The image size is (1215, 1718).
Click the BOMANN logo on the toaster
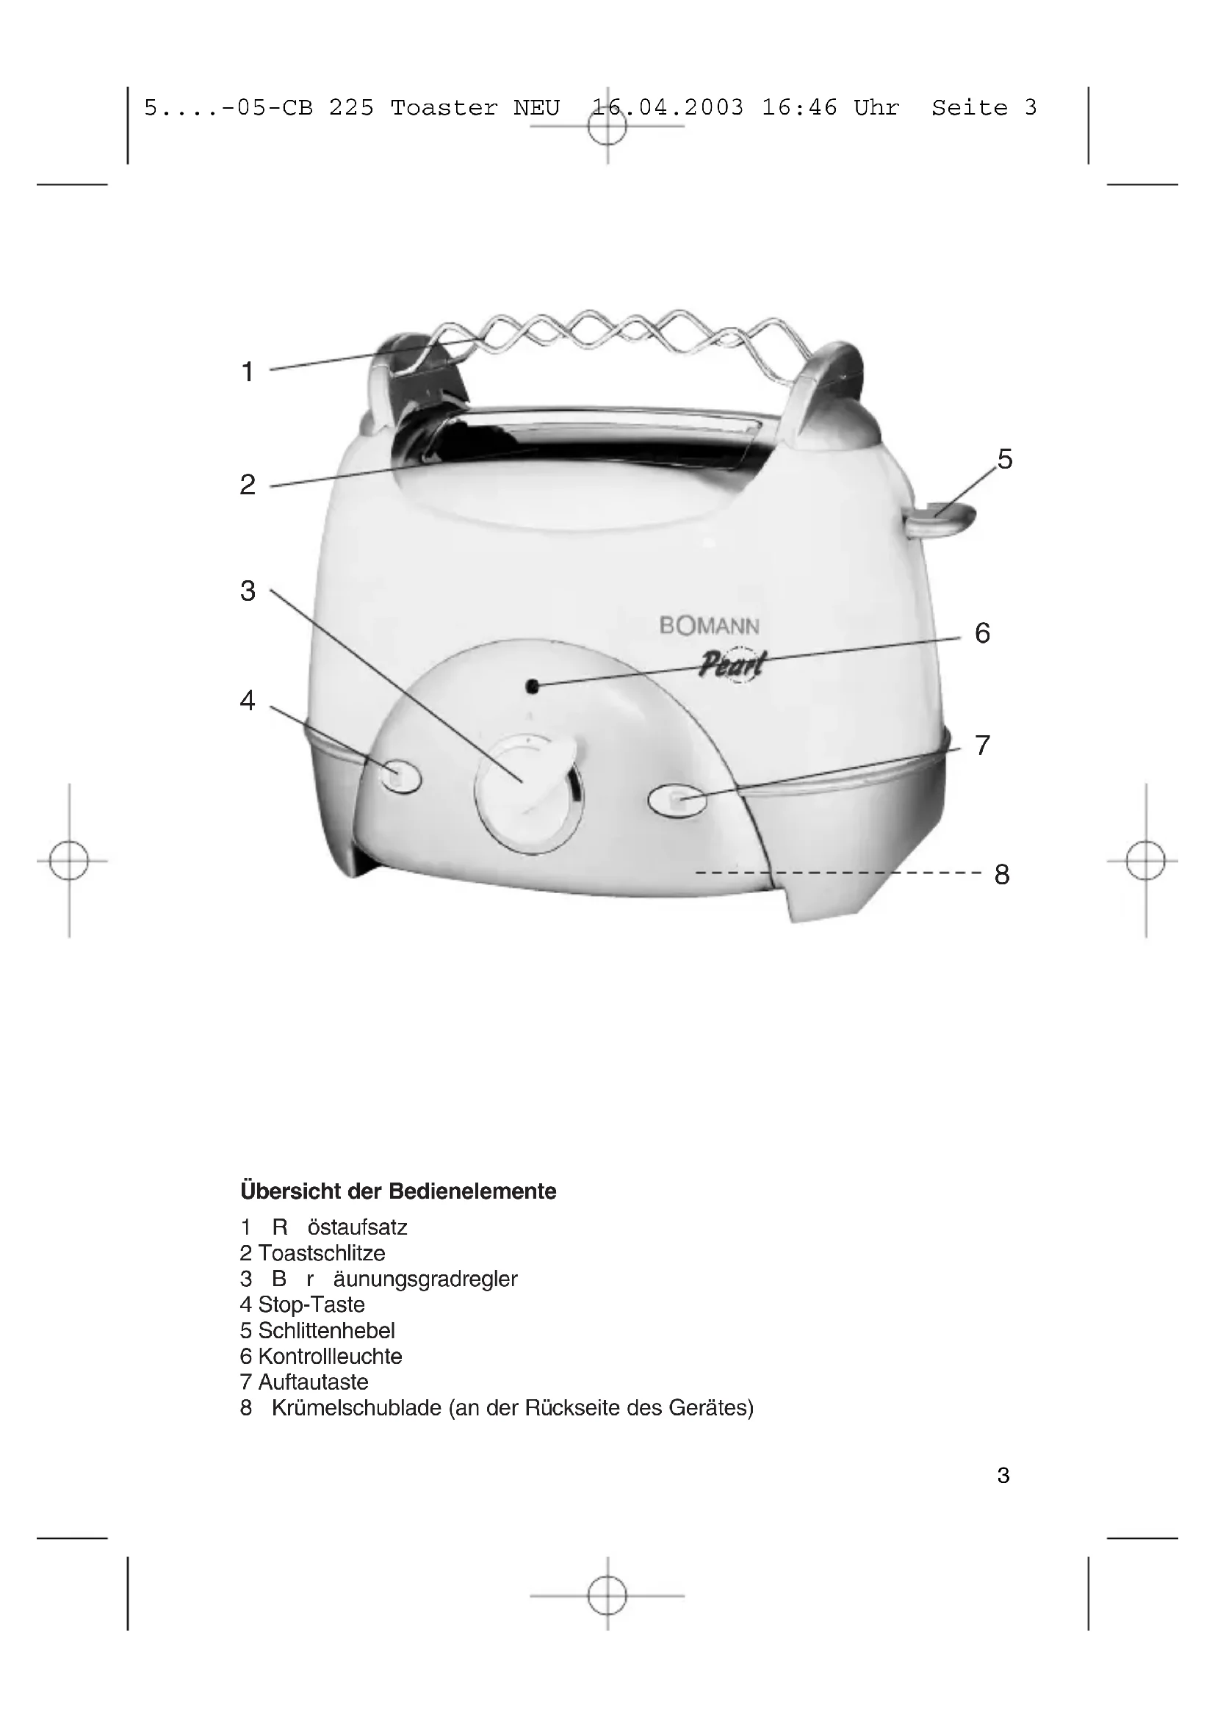(708, 626)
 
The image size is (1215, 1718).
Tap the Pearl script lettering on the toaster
(731, 664)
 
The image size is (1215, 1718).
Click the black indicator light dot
(532, 685)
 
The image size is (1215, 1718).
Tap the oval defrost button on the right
(677, 801)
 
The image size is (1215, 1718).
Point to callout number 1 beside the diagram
(248, 372)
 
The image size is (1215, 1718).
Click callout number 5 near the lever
(1005, 459)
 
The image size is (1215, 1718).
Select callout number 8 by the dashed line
(1002, 874)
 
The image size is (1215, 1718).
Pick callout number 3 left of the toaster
(248, 591)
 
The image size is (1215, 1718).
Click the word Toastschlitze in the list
(322, 1253)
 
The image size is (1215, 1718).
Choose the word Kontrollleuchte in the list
(330, 1356)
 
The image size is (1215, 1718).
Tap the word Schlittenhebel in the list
(326, 1330)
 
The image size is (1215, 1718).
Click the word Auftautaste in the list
(314, 1382)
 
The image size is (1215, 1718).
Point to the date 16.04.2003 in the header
(667, 108)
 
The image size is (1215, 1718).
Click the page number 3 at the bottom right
(1003, 1476)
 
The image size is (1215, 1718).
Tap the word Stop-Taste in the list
(311, 1304)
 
